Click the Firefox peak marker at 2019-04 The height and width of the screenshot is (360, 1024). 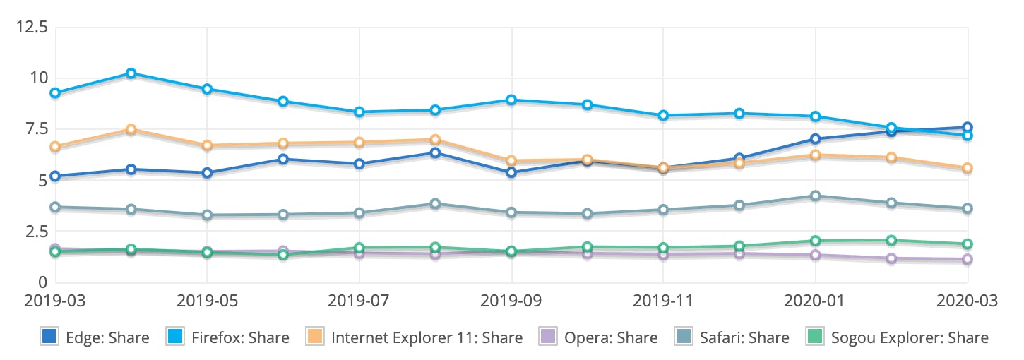[131, 73]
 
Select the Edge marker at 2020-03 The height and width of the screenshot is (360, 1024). [968, 128]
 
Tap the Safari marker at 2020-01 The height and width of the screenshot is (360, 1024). [816, 196]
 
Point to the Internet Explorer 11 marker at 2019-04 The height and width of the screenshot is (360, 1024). [131, 130]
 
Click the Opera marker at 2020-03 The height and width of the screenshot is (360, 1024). [968, 260]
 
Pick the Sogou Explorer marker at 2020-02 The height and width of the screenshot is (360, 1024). [891, 241]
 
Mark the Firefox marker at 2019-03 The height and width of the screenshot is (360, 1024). [55, 93]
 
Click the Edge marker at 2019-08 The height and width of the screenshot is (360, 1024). [435, 153]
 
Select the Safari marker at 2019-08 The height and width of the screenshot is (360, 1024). [435, 204]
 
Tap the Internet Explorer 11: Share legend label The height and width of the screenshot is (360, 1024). [427, 337]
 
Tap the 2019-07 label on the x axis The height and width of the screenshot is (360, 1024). [359, 300]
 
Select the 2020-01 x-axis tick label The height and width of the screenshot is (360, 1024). [816, 300]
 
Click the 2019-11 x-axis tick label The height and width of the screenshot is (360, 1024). [663, 300]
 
